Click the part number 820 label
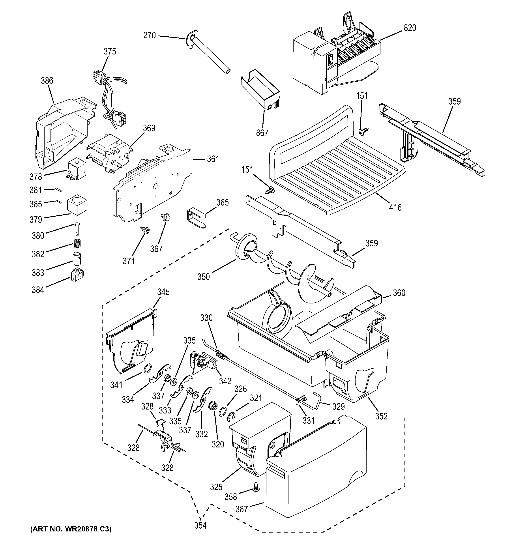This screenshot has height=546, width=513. pos(410,28)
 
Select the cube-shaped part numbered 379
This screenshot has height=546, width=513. pos(77,205)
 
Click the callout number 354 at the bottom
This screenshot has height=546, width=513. pos(200,525)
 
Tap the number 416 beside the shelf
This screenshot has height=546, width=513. pos(395,207)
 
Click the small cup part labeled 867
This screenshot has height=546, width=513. pos(260,89)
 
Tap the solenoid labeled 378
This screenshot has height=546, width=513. pos(77,170)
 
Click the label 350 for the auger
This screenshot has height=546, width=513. pos(204,277)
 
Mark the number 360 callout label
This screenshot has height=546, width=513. pos(399,293)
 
